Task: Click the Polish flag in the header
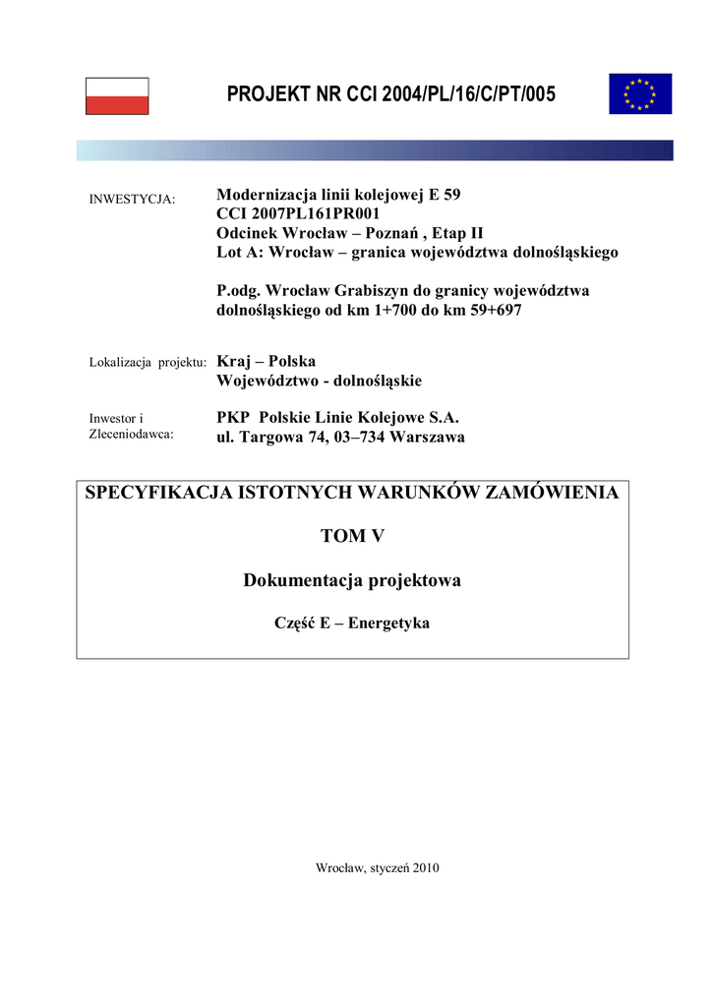[117, 96]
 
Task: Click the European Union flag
[639, 93]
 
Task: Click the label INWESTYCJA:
[132, 199]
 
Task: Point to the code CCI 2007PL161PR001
[298, 213]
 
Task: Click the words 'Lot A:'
[239, 253]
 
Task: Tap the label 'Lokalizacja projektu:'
[148, 363]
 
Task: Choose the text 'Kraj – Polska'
[266, 361]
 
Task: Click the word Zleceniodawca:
[132, 433]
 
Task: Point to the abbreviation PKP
[233, 417]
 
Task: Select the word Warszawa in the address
[427, 437]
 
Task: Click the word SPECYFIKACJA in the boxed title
[157, 493]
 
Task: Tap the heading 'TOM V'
[352, 536]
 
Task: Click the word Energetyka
[389, 623]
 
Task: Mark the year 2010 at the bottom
[426, 868]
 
